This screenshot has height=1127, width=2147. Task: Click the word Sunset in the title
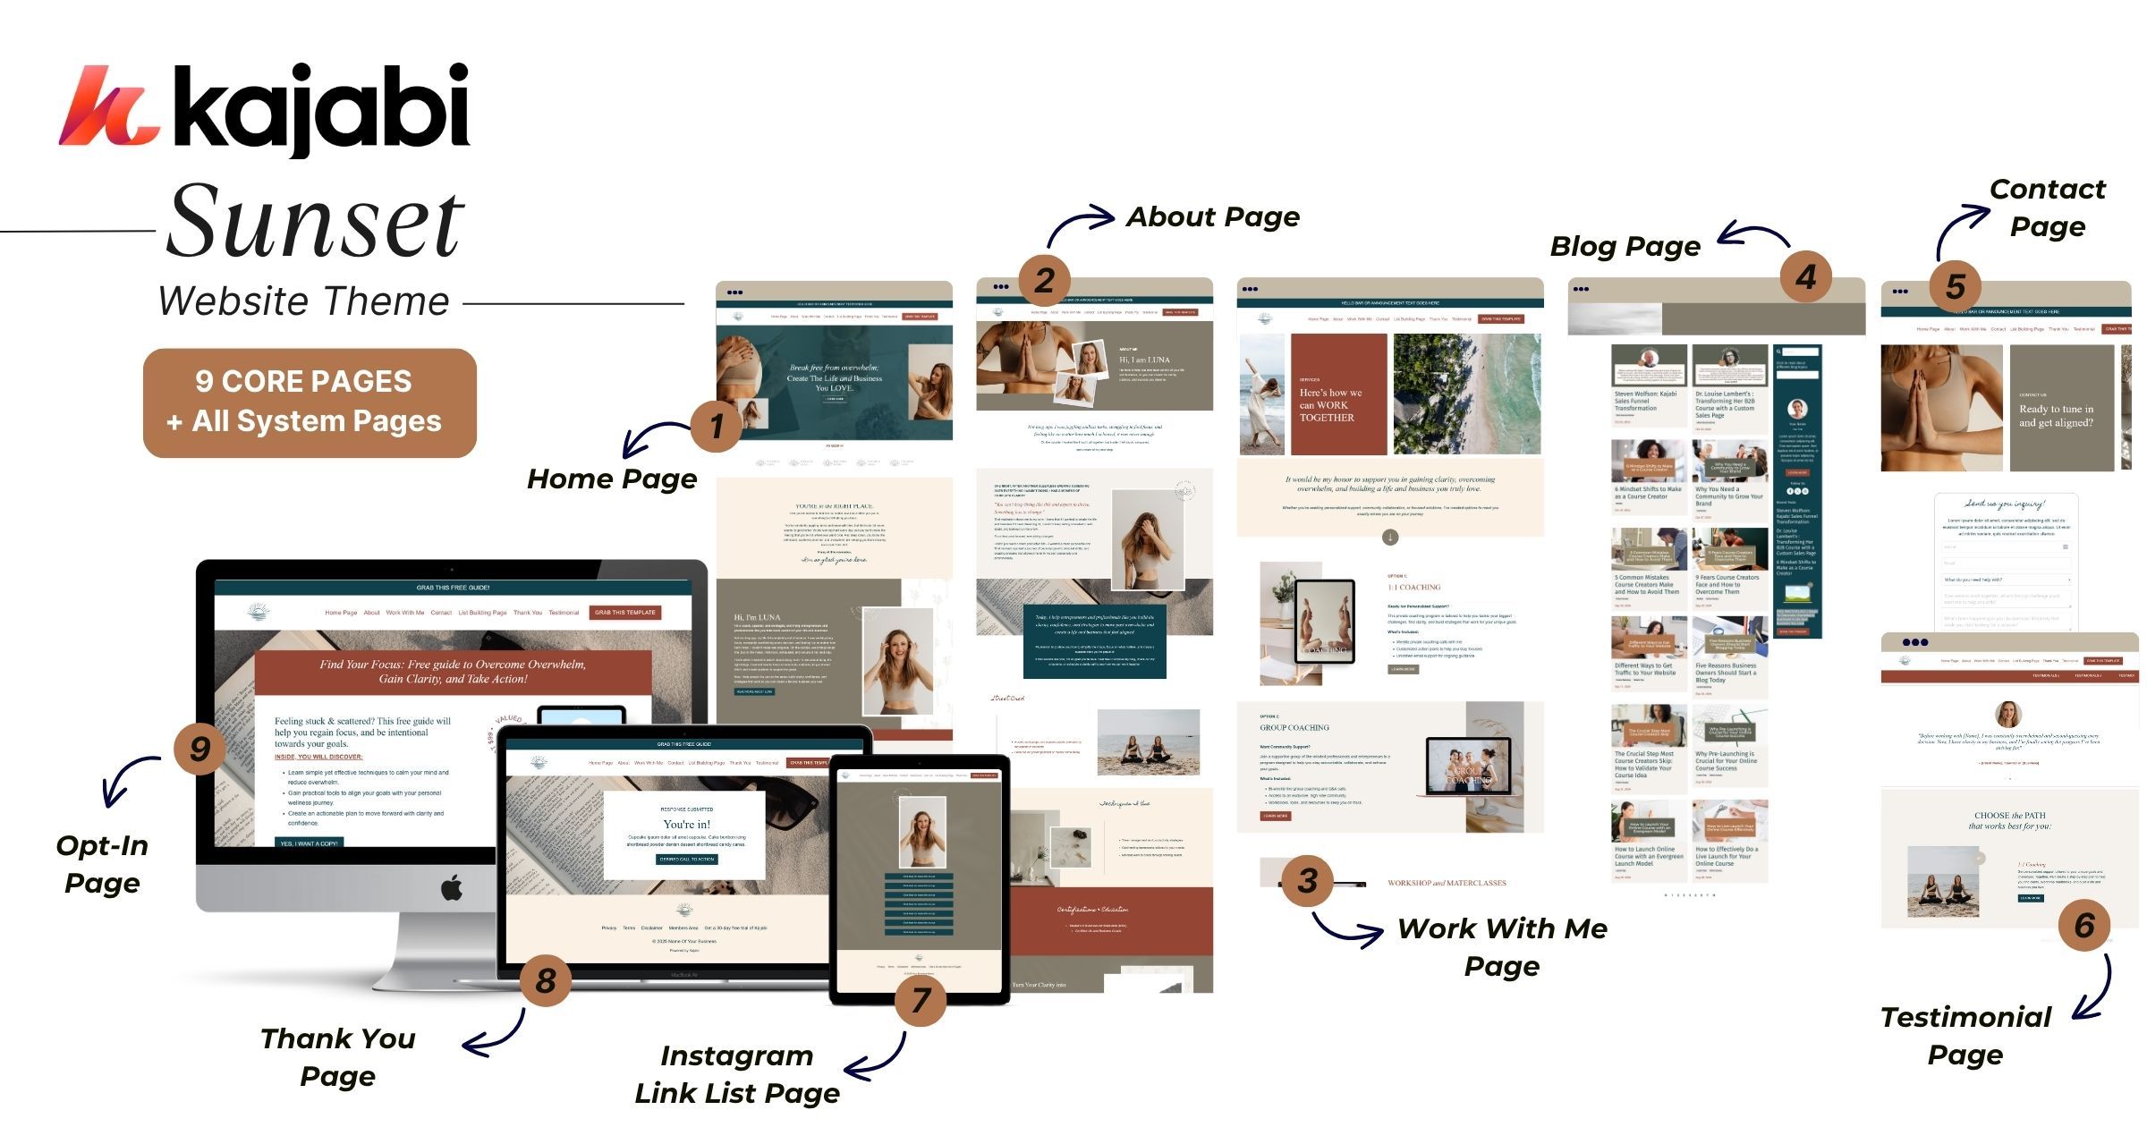[x=315, y=221]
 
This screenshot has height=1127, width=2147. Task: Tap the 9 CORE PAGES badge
[x=310, y=402]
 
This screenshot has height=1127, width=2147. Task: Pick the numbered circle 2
[x=1044, y=280]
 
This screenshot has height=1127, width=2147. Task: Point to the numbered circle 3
[x=1308, y=880]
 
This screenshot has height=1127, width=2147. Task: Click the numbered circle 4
[x=1805, y=276]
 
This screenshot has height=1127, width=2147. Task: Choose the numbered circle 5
[x=1956, y=286]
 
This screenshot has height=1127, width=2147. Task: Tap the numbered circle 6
[x=2084, y=925]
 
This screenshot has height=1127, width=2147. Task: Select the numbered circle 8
[x=546, y=980]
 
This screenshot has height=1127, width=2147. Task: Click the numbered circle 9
[x=199, y=748]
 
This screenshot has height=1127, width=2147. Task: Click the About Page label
[x=1212, y=216]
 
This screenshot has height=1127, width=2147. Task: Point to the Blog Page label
[x=1625, y=246]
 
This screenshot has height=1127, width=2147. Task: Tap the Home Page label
[x=612, y=479]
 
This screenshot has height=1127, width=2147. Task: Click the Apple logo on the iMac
[x=452, y=888]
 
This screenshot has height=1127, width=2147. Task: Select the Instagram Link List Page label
[x=737, y=1074]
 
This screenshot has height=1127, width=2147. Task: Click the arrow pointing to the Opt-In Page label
[x=126, y=778]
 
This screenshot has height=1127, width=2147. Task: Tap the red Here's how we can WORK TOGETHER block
[x=1338, y=394]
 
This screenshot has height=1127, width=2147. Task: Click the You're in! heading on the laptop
[x=686, y=824]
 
